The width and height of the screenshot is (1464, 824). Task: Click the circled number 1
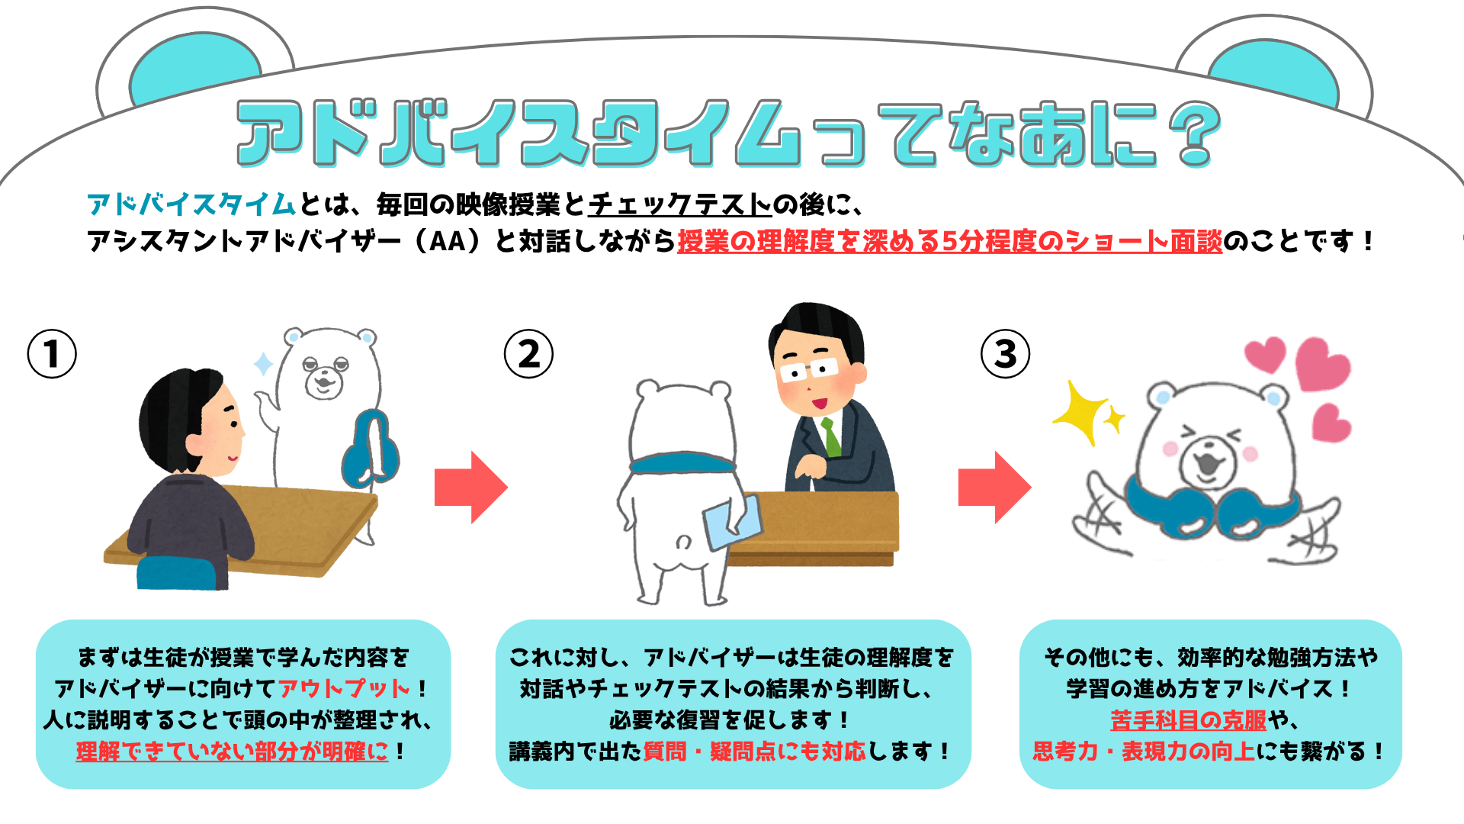point(52,354)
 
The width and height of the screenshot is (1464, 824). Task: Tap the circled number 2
point(528,354)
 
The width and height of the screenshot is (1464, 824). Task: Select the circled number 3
point(1005,354)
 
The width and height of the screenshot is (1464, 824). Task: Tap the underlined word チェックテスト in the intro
point(679,204)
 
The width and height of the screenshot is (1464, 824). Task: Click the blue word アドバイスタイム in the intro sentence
point(191,204)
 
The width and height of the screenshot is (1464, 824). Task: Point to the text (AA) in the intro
point(448,241)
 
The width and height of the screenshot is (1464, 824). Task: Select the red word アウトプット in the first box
point(345,688)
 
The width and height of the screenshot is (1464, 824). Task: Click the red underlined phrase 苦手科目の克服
point(1188,719)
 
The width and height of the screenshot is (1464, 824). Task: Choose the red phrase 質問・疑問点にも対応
point(754,752)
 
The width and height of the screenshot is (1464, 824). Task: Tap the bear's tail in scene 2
point(683,542)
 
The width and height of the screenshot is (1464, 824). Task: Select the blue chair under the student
point(177,573)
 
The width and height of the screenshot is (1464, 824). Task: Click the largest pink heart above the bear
point(1323,364)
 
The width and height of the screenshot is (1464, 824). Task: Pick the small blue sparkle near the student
point(263,364)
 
